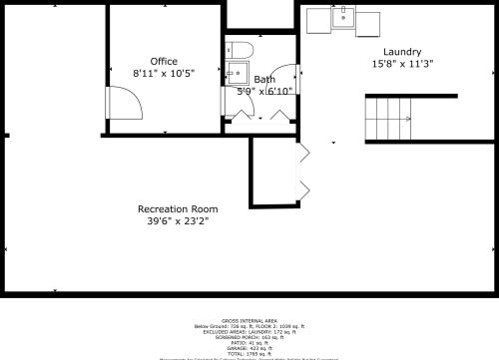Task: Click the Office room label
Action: pyautogui.click(x=164, y=62)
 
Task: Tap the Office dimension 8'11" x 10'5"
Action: pyautogui.click(x=164, y=73)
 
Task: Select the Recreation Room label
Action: pyautogui.click(x=178, y=208)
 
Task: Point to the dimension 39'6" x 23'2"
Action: pyautogui.click(x=178, y=220)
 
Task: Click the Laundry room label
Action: pyautogui.click(x=402, y=52)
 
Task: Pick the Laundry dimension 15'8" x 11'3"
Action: pyautogui.click(x=402, y=64)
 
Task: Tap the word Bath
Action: pyautogui.click(x=264, y=80)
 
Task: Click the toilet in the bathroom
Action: pyautogui.click(x=243, y=50)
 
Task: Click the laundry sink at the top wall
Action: pyautogui.click(x=343, y=16)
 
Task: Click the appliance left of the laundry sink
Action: pyautogui.click(x=318, y=19)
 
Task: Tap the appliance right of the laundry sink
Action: pyautogui.click(x=368, y=19)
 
